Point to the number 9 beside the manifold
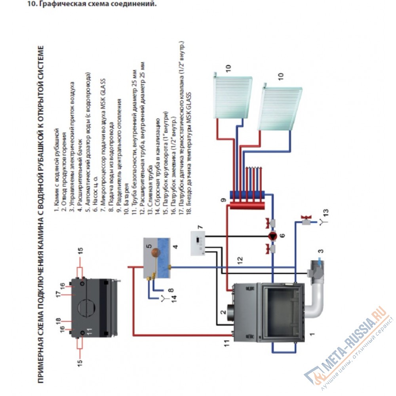(x=224, y=201)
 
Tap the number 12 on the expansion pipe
(x=239, y=260)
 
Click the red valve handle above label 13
(x=305, y=217)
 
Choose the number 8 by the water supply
(x=171, y=289)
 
